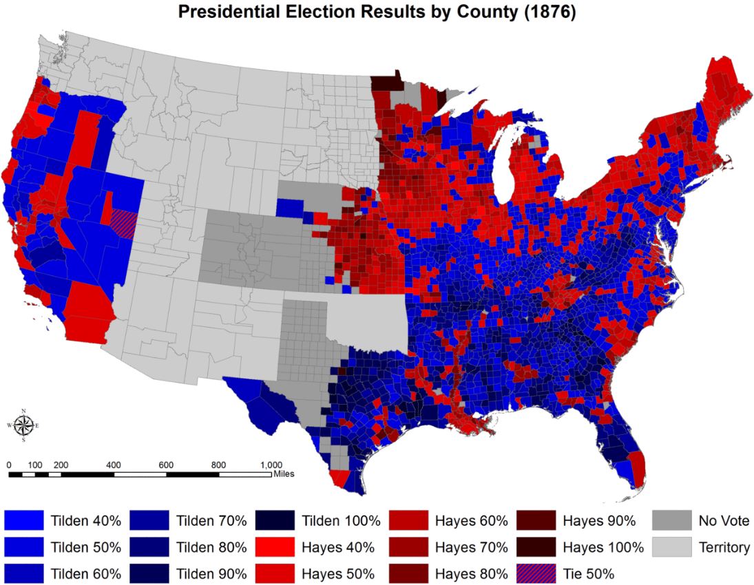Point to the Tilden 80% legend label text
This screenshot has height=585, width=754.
coord(211,547)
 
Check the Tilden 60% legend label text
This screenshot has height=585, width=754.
coord(86,573)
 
